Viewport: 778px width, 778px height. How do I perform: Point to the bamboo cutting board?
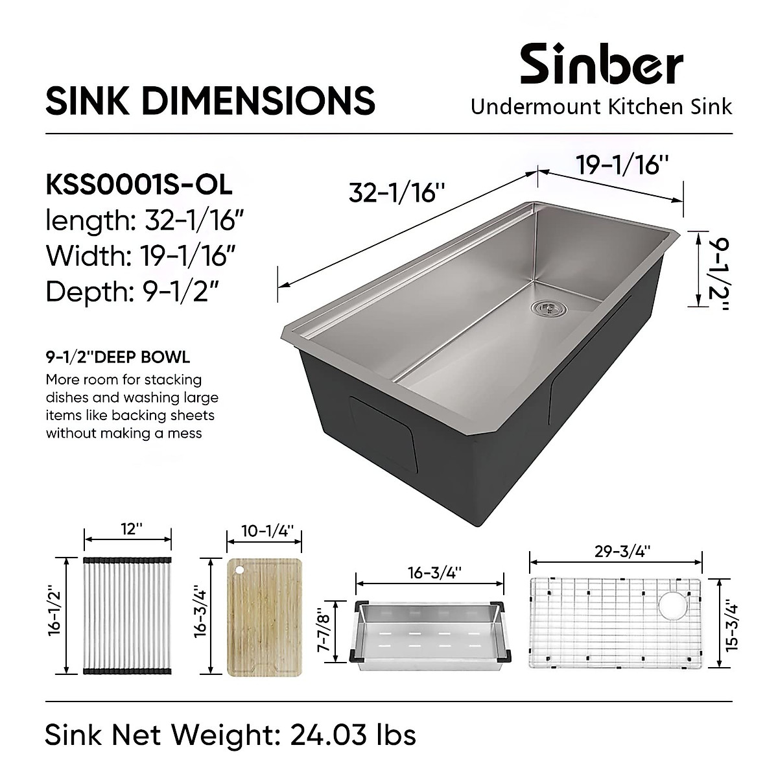[265, 617]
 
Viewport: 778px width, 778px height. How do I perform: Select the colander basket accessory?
[430, 631]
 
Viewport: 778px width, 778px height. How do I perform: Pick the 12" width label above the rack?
[128, 529]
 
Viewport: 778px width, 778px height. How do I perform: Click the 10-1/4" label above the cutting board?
[265, 530]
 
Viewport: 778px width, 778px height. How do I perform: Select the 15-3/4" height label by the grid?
[732, 624]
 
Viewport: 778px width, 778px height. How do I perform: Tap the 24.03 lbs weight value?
[353, 735]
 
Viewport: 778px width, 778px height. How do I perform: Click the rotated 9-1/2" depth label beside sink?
[717, 270]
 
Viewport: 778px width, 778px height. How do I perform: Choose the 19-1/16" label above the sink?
[622, 166]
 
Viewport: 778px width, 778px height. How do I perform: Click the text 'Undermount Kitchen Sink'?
[601, 106]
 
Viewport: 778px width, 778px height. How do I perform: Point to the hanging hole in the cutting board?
[239, 569]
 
